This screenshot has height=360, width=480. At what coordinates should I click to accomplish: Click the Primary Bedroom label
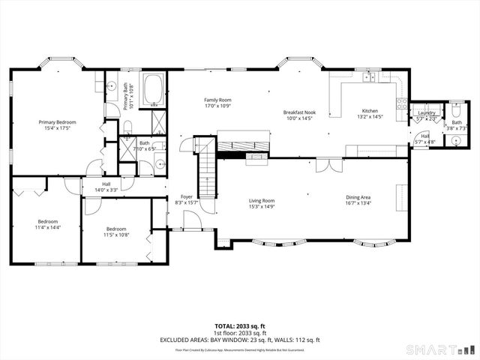point(58,122)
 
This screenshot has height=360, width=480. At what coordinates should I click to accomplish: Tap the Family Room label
point(217,100)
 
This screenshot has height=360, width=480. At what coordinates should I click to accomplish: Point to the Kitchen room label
point(370,111)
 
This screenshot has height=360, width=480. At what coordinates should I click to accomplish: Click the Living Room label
point(262,200)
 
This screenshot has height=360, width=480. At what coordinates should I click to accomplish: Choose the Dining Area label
point(357,197)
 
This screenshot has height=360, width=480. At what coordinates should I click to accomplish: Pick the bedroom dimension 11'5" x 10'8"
point(115,234)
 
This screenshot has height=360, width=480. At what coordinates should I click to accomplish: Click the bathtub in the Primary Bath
point(155,89)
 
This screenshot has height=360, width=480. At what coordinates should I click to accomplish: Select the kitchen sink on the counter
point(369,77)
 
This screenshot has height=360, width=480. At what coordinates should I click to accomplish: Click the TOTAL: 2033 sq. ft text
point(239,327)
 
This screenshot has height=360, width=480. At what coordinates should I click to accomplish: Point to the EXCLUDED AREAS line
point(239,340)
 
